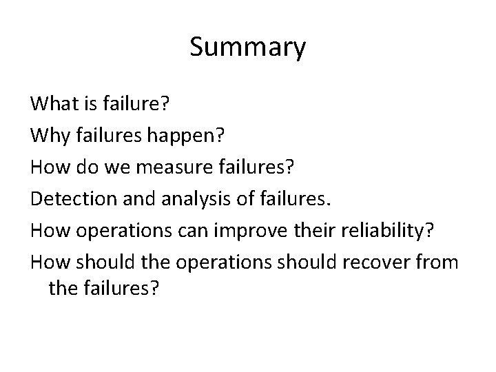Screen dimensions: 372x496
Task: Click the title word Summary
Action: [247, 48]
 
